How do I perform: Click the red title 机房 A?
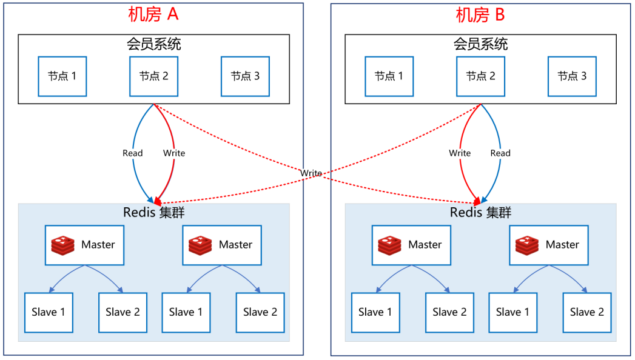coord(153,15)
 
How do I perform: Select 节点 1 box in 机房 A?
coord(62,76)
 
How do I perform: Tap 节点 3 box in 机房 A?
coord(245,76)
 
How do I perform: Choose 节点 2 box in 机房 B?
coord(480,76)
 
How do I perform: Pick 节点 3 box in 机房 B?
coord(572,76)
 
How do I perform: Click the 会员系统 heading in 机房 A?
coord(153,44)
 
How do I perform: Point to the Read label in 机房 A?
coord(132,153)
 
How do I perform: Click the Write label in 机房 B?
coord(460,153)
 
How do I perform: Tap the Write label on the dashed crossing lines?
coord(311,173)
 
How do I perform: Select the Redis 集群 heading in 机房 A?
coord(153,213)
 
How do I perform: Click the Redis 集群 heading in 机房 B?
coord(480,213)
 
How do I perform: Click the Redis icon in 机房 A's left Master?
coord(64,245)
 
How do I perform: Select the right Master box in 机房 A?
coord(222,245)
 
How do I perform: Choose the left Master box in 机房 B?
coord(411,245)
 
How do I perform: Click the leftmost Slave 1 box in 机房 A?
coord(49,312)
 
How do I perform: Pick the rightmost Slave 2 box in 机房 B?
coord(586,312)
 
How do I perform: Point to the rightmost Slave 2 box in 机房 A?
coord(260,312)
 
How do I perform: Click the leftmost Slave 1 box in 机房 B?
coord(375,312)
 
